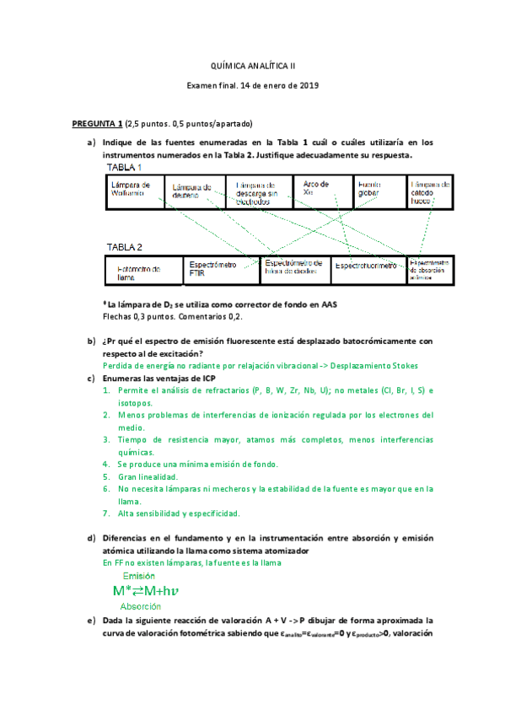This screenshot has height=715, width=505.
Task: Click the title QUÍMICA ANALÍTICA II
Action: (x=252, y=65)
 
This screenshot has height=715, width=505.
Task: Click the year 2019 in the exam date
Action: (x=308, y=85)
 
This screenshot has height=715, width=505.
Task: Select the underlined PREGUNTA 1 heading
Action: (x=98, y=123)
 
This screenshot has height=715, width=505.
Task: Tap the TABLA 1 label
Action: (x=124, y=168)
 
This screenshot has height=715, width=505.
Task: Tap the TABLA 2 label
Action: (x=124, y=247)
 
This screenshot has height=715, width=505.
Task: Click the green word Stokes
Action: (x=401, y=366)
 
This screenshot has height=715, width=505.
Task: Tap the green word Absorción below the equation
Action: (x=141, y=606)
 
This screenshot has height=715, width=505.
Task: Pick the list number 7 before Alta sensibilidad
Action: (x=105, y=513)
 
